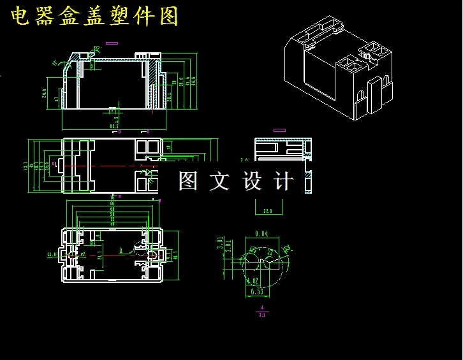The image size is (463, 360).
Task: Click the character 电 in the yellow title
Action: (21, 17)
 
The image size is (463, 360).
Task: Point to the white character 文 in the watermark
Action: (219, 182)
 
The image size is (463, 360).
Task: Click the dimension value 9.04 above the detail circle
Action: (261, 233)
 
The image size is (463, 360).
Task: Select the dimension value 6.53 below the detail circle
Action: (256, 292)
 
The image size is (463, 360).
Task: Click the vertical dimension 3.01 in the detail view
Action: (220, 243)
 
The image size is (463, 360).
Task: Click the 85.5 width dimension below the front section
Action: (114, 126)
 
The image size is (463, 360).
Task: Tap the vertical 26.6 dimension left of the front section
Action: (45, 93)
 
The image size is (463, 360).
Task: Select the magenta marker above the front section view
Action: (112, 43)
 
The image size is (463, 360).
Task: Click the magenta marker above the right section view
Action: (279, 130)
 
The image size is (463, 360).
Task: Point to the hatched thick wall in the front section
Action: (153, 83)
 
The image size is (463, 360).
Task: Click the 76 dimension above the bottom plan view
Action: (112, 198)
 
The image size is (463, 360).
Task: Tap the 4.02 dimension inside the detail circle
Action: (253, 280)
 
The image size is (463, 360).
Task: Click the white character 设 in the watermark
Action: (253, 182)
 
